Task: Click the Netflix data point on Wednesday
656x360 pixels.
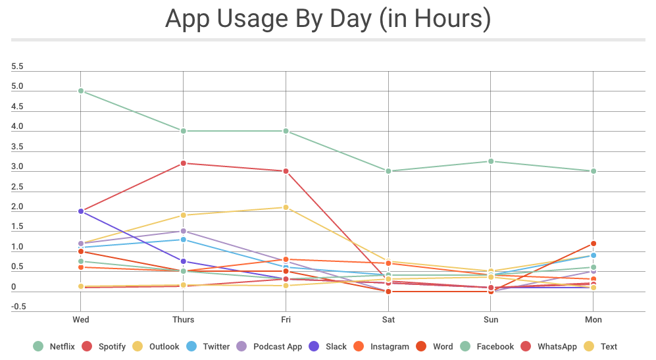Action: coord(81,91)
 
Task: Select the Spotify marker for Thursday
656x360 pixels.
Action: coord(184,163)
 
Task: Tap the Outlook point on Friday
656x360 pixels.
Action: coord(286,207)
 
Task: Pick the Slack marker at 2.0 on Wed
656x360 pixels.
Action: coord(81,211)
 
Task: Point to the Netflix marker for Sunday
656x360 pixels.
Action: coord(492,161)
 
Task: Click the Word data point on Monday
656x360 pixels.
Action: coord(593,244)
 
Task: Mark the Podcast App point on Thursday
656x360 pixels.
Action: coord(184,231)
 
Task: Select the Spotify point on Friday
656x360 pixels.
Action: coord(286,171)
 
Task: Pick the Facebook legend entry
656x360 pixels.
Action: coord(487,346)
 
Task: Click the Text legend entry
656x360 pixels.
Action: coord(608,346)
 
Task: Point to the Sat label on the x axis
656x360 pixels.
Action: coord(389,320)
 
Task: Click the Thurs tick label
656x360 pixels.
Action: coord(184,320)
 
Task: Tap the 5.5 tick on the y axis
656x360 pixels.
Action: coord(18,66)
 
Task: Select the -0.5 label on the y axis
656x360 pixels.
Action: coord(18,306)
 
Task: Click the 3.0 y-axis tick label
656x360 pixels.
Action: coord(18,167)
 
